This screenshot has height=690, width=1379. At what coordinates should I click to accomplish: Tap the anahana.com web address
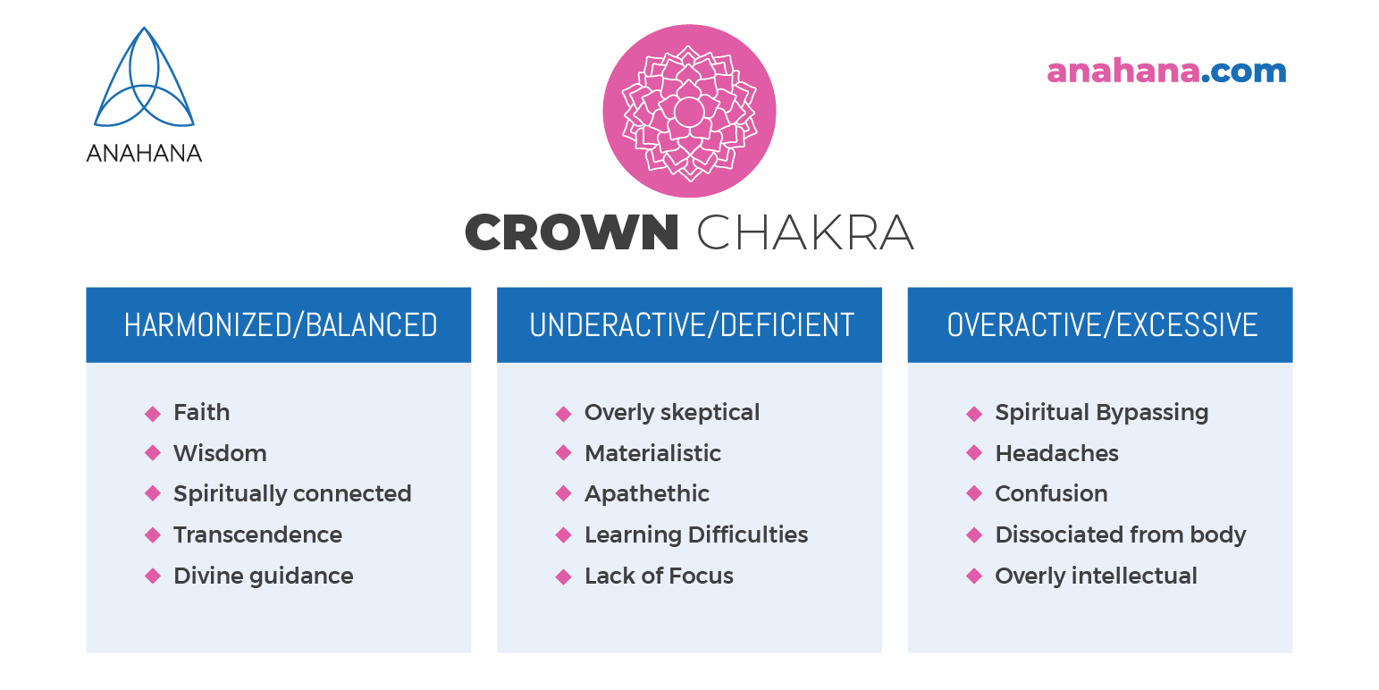[1165, 72]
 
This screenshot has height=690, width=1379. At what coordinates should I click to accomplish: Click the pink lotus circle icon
[689, 112]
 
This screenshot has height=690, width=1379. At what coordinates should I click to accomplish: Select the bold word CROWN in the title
[572, 233]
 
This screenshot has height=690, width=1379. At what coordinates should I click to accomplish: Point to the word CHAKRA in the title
[804, 233]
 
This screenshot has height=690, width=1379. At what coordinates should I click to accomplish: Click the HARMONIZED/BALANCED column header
[280, 325]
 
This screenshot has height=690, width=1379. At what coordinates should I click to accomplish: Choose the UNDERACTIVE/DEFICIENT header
[691, 325]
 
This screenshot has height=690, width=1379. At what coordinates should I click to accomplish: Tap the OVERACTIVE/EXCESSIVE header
[1101, 325]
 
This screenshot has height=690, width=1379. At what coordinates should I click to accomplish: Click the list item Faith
[201, 412]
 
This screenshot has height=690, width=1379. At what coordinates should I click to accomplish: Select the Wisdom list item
[220, 453]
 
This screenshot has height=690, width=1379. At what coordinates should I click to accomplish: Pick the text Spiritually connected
[292, 493]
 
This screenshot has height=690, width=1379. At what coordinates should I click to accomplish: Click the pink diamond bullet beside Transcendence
[153, 535]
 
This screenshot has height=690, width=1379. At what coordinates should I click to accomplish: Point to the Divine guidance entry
[263, 576]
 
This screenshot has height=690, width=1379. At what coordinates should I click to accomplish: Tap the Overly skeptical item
[671, 412]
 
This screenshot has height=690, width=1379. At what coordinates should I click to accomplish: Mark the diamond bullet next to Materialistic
[563, 453]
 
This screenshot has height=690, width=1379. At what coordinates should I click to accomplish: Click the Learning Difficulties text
[695, 534]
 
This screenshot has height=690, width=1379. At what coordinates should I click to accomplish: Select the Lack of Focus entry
[659, 576]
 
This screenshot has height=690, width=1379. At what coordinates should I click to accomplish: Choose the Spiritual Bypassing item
[1101, 412]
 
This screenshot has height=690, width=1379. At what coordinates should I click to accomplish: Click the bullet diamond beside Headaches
[974, 453]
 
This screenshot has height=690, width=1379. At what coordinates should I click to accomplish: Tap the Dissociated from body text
[1120, 534]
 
